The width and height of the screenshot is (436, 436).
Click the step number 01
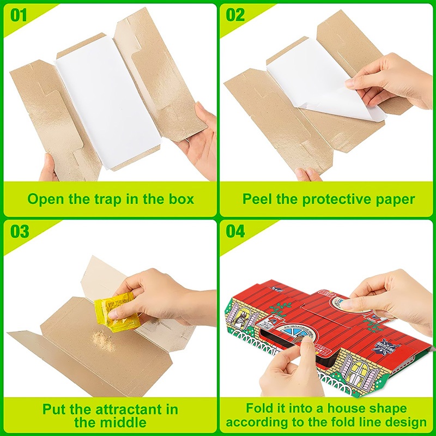19,15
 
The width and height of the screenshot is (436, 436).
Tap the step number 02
235,15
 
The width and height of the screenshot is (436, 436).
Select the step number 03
20,231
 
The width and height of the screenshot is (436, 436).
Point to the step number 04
235,231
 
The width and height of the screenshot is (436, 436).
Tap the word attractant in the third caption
131,409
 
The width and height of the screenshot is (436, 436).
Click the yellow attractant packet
114,315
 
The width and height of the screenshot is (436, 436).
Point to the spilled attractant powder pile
102,338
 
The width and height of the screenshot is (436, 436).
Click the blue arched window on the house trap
295,331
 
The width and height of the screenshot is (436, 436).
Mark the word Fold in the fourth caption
258,408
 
